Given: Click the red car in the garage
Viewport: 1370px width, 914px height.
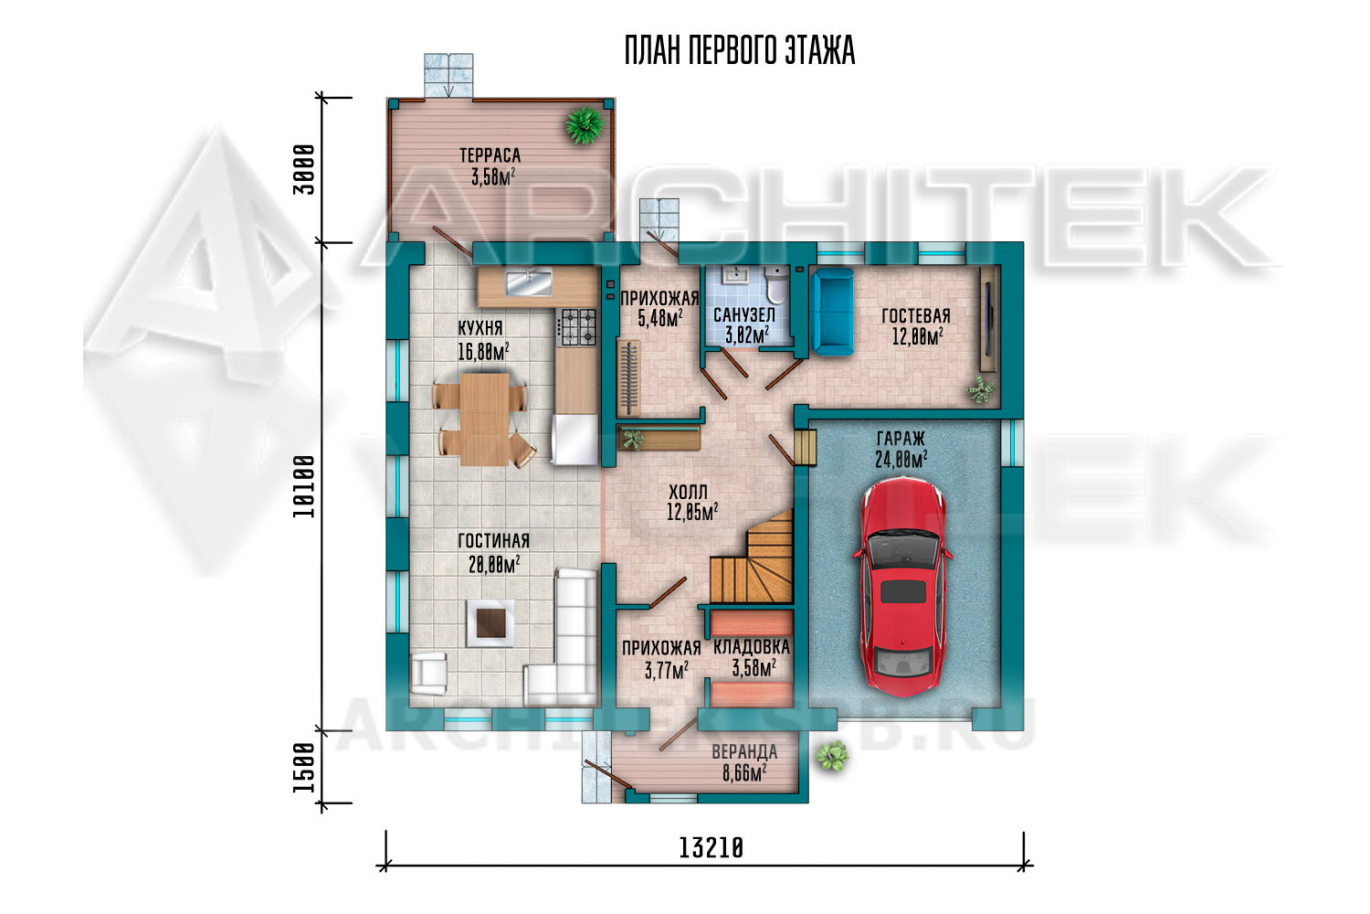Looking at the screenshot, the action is coord(902,587).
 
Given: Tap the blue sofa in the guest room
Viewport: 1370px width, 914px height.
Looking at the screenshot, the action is coord(832,312).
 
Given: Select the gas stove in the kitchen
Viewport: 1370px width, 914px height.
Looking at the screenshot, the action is coord(577,326).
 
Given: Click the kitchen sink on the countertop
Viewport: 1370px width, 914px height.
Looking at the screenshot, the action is coord(529,283).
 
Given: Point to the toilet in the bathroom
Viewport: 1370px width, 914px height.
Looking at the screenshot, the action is coord(777,286).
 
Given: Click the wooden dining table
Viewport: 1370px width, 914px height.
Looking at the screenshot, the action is coord(484,420).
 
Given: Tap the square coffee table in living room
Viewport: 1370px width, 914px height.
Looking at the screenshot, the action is coord(490,623).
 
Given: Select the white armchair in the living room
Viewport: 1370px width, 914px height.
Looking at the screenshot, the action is coord(428,674).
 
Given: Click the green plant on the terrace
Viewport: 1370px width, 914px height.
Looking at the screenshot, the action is coord(585,125).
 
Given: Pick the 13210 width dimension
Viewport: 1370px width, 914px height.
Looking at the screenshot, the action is coord(711,848).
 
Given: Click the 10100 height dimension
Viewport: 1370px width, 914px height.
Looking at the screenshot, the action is coord(304,486).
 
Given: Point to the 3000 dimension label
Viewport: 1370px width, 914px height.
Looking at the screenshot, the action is coord(304,170).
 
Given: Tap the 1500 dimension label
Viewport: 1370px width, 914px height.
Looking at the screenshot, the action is coord(304,767).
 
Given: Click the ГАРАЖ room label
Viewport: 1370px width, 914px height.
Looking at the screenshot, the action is coord(901,439).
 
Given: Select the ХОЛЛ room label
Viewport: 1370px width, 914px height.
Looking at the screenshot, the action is coord(688,493).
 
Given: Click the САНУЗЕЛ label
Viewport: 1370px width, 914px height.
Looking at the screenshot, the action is coord(744,315).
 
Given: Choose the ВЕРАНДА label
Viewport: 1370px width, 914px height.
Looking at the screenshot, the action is coord(744,752).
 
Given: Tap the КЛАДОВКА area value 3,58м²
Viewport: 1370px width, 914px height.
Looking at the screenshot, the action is coord(754,668).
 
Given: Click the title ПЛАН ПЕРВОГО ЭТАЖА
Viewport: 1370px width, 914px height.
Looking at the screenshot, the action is coord(740,50).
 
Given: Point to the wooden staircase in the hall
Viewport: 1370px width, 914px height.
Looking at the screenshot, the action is coord(752,558).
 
